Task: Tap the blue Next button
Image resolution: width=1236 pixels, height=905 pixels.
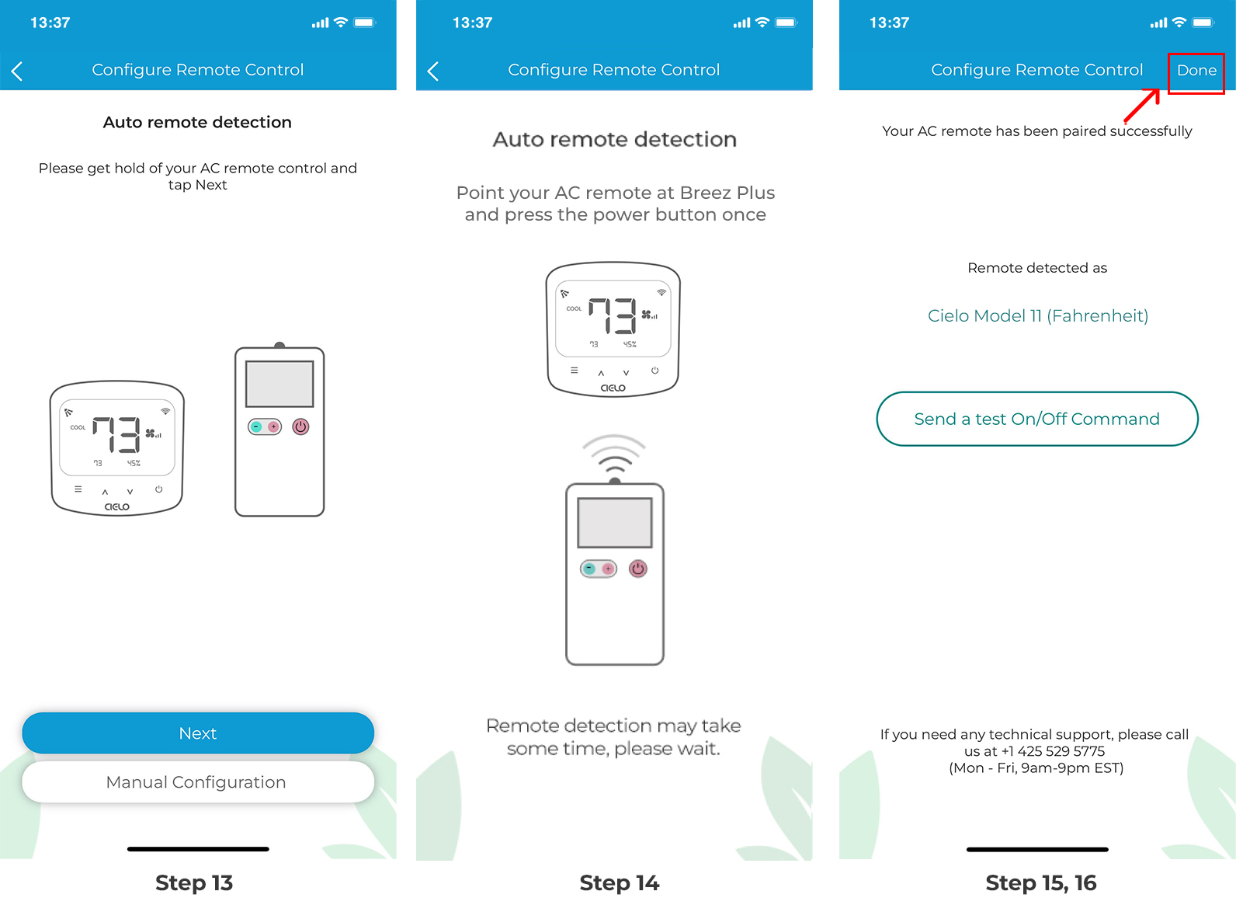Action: click(198, 733)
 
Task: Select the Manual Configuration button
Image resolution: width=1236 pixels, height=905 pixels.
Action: click(198, 782)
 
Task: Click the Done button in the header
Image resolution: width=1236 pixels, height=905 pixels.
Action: click(1196, 71)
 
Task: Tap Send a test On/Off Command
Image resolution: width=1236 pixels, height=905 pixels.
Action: click(1036, 419)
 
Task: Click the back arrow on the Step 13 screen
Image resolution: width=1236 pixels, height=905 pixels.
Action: click(17, 71)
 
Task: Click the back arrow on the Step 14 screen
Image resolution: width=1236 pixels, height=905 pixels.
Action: click(433, 71)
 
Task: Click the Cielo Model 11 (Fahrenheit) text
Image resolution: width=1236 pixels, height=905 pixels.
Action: click(1037, 316)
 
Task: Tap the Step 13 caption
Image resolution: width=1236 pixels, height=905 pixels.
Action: click(194, 883)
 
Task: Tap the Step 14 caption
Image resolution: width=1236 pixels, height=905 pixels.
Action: click(619, 883)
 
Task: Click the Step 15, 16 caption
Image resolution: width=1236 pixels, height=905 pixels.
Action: click(1040, 883)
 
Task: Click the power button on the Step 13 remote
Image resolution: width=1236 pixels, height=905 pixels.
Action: click(300, 426)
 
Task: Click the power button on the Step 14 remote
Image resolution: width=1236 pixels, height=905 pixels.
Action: click(638, 569)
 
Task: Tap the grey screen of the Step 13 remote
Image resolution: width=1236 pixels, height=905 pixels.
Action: click(279, 384)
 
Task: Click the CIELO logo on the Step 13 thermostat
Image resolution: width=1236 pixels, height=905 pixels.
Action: click(116, 506)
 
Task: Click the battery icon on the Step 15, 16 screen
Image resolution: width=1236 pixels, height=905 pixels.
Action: click(1203, 23)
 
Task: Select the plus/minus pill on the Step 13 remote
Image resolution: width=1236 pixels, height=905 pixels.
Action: click(265, 426)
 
